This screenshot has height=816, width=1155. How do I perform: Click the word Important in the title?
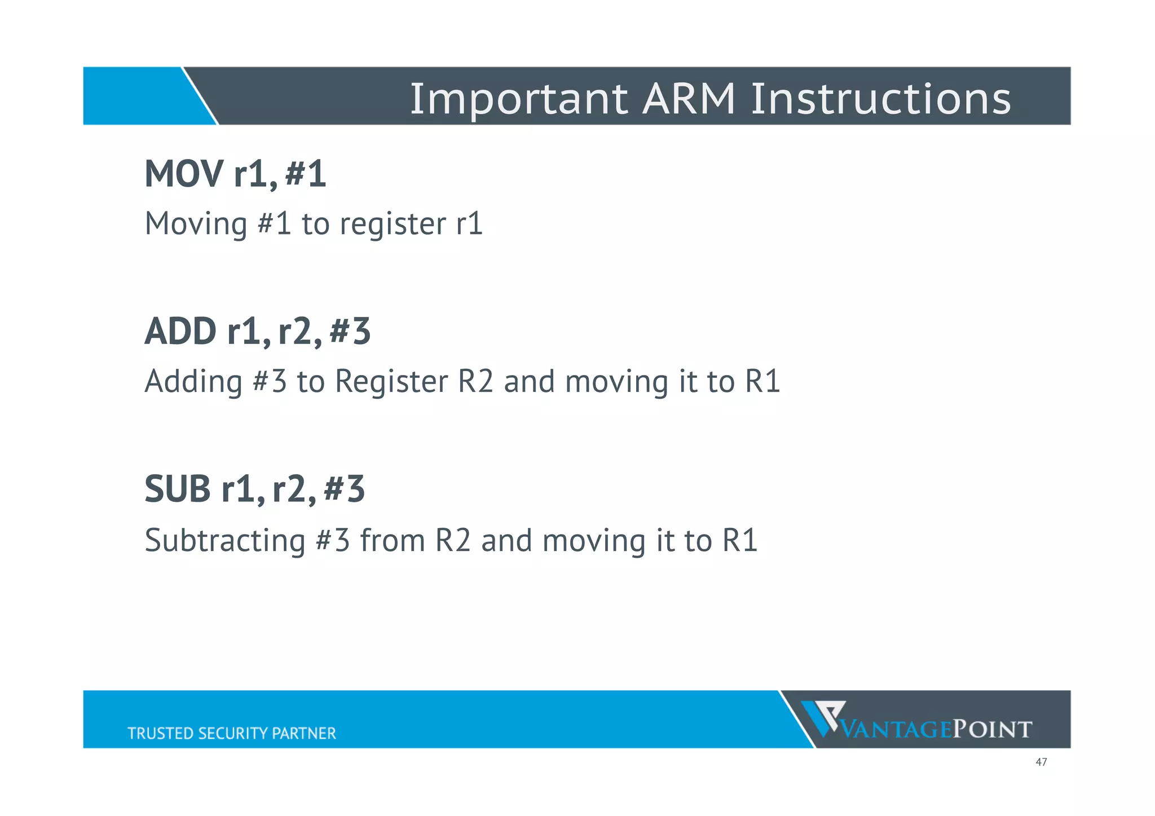(518, 99)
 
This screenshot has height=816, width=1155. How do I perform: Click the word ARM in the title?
(689, 98)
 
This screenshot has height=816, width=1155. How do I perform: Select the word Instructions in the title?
(880, 98)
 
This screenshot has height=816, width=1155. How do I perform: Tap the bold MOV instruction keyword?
(183, 174)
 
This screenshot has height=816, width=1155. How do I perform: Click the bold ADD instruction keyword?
(180, 332)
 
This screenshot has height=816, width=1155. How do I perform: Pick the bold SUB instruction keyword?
(177, 489)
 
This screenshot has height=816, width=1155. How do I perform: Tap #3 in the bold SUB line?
(345, 489)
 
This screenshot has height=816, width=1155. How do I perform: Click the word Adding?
(193, 382)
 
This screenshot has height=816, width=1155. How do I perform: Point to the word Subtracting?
(224, 540)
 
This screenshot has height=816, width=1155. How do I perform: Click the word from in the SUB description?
(393, 540)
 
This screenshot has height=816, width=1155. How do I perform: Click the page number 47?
(1041, 762)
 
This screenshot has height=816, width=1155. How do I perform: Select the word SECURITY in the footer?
(233, 733)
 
